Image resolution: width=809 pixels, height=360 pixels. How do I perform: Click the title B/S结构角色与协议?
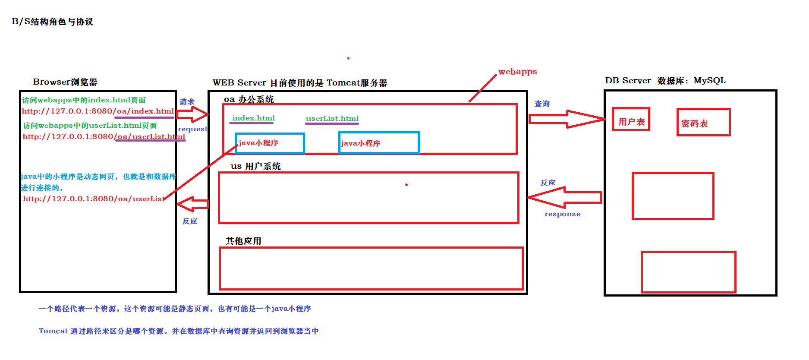(x=52, y=22)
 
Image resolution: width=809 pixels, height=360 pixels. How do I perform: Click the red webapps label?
(x=517, y=72)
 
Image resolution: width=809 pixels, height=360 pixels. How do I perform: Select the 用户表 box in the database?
(x=631, y=120)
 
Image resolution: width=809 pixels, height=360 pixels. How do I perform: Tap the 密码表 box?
(x=703, y=123)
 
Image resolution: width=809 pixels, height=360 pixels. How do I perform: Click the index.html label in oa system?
(x=253, y=118)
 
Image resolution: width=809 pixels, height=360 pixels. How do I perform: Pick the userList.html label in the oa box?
(x=332, y=119)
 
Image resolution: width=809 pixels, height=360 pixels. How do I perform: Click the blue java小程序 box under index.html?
(x=270, y=143)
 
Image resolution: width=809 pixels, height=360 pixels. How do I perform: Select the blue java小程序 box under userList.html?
(x=379, y=143)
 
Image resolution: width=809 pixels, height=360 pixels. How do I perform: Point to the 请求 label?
(x=187, y=102)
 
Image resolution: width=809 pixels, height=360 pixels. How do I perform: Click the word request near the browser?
(x=192, y=129)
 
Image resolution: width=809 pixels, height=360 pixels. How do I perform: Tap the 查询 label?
(x=542, y=104)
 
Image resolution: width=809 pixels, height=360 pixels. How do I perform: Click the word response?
(x=562, y=214)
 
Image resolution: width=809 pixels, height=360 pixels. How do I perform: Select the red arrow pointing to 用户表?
(x=567, y=119)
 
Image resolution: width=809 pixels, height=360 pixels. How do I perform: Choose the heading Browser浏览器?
(x=65, y=82)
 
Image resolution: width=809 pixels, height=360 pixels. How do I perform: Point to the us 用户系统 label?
(x=255, y=166)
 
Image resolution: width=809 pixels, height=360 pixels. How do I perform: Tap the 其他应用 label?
(x=243, y=241)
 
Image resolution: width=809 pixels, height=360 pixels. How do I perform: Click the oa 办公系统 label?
(x=249, y=100)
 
